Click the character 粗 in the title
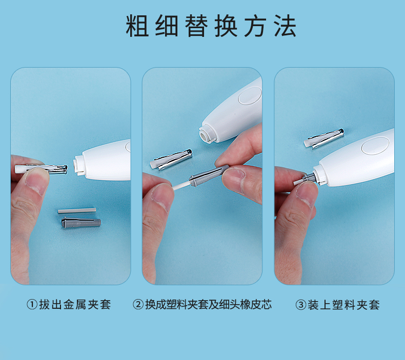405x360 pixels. click(x=137, y=26)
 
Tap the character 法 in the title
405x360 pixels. click(x=285, y=26)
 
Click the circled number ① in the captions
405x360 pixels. click(x=32, y=305)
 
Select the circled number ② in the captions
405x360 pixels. click(x=138, y=305)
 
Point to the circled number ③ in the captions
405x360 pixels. click(x=301, y=305)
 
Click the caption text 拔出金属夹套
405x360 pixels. click(x=75, y=305)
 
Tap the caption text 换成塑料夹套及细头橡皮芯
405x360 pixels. click(x=209, y=305)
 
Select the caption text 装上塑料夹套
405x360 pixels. click(x=343, y=305)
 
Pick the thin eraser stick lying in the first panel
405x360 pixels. click(x=77, y=210)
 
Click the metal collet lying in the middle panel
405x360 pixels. click(x=171, y=160)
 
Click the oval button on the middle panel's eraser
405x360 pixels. click(x=250, y=95)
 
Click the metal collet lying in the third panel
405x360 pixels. click(x=324, y=139)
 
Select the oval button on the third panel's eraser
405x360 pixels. click(x=375, y=146)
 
